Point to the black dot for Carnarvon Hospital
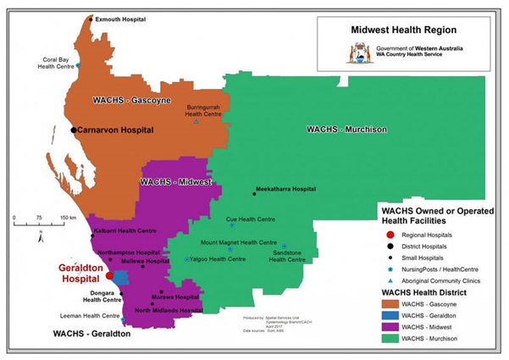(x=73, y=130)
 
